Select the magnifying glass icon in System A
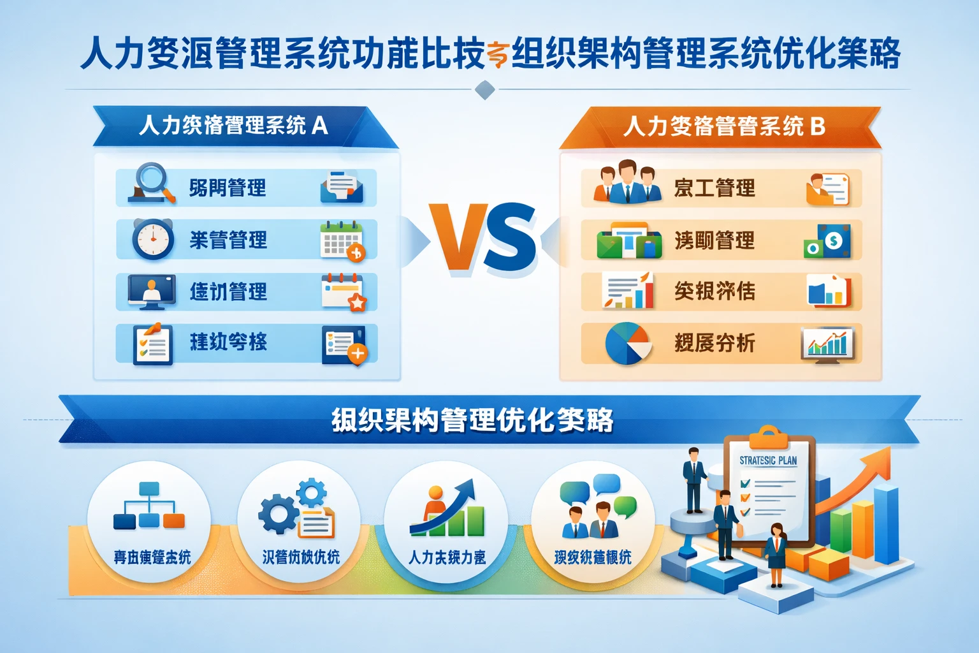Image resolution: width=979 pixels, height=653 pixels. (151, 184)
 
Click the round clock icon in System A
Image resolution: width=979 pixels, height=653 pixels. (153, 239)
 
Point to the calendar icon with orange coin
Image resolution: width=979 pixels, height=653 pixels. (342, 240)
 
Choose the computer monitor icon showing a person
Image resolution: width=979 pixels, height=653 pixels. (152, 291)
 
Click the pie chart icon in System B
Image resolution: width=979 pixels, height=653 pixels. (628, 343)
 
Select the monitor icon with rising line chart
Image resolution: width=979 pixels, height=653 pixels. (827, 346)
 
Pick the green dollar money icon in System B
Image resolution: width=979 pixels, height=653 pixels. (828, 242)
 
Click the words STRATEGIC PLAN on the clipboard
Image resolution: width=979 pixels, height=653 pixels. (768, 460)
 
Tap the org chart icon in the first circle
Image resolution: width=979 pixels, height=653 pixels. (149, 506)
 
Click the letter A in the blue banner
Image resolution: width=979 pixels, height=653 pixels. (320, 125)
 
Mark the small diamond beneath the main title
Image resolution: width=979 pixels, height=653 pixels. (485, 90)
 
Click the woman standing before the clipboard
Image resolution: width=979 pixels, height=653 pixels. (776, 553)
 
